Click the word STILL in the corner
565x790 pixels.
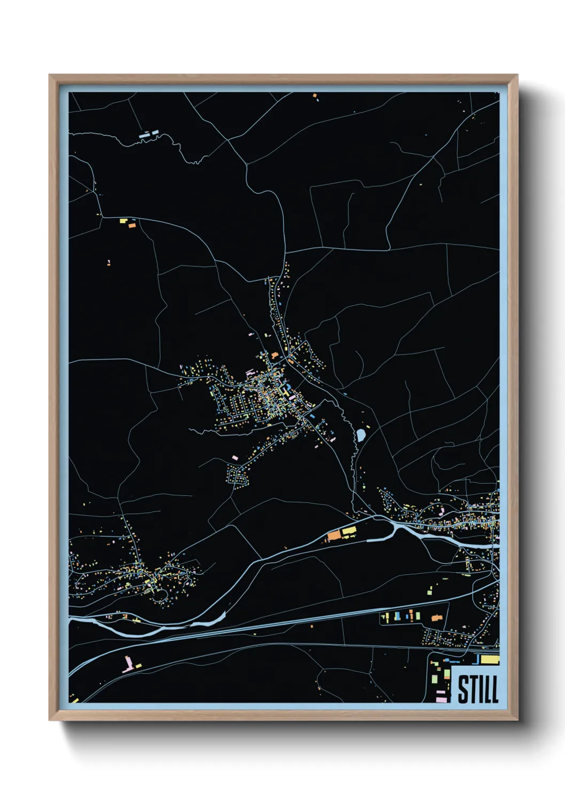click(478, 689)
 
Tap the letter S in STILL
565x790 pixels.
click(463, 689)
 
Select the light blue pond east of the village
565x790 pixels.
click(362, 434)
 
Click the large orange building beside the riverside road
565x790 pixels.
click(334, 535)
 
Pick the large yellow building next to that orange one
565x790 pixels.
click(349, 531)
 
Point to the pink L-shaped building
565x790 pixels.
click(128, 665)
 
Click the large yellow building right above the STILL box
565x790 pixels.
click(489, 660)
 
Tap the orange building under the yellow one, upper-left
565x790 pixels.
click(132, 226)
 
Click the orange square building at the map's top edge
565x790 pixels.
click(315, 96)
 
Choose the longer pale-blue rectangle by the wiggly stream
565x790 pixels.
click(144, 136)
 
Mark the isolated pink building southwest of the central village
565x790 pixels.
click(234, 457)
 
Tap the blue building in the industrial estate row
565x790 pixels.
click(407, 617)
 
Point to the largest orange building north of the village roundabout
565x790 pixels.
click(274, 355)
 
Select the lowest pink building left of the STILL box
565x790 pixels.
click(441, 698)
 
